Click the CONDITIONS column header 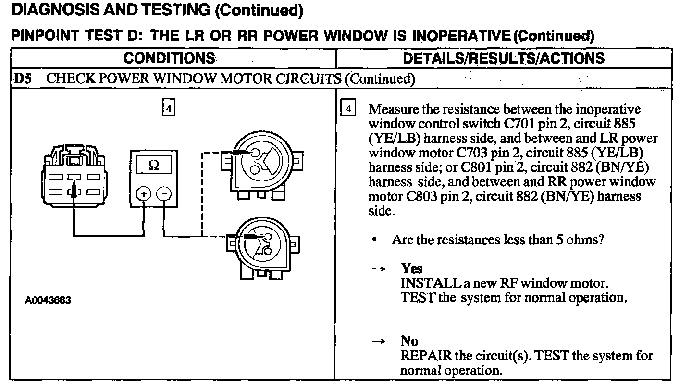(169, 58)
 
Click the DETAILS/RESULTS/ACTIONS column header (503, 58)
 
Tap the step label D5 (24, 78)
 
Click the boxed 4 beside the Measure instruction (347, 109)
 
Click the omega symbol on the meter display (154, 166)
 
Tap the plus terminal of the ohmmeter (144, 194)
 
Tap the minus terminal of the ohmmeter (164, 194)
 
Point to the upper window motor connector (262, 164)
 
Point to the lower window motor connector (262, 245)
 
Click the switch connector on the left (74, 178)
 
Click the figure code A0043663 (48, 300)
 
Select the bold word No (409, 341)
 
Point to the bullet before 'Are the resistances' (374, 239)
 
